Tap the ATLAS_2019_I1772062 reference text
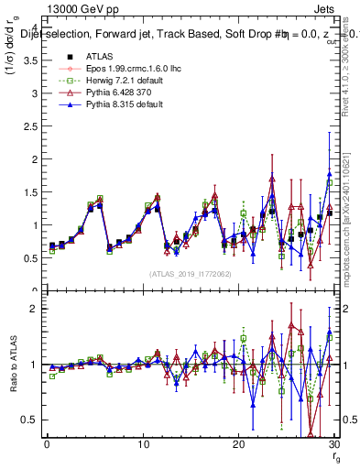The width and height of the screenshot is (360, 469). [187, 274]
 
